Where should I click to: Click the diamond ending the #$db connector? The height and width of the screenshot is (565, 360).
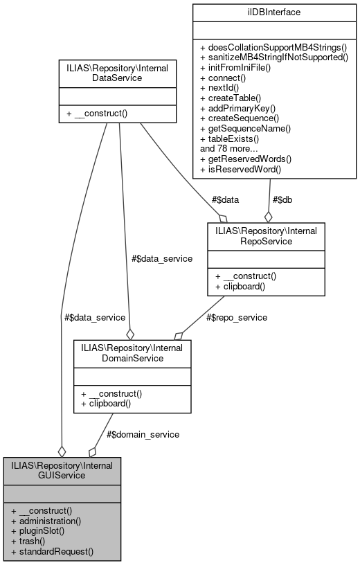267,216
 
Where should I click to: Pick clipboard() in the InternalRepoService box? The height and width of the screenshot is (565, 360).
240,285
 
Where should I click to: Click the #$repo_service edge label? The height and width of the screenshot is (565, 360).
237,318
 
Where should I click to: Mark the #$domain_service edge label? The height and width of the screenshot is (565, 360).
144,434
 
